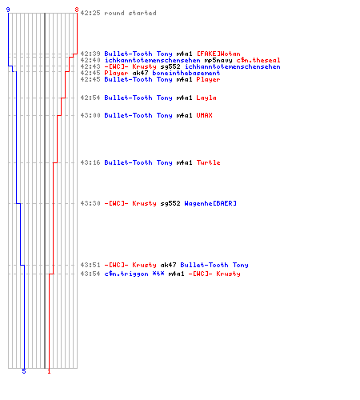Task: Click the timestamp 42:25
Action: [90, 13]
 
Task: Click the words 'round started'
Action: [130, 13]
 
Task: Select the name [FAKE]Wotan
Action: [218, 54]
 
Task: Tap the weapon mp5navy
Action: [218, 60]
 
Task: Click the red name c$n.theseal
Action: [258, 60]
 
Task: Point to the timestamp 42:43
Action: [90, 66]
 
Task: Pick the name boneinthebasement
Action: [186, 73]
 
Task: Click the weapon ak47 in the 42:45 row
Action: [140, 73]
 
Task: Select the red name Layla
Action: [206, 98]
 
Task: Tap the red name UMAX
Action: [204, 115]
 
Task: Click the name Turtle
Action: [208, 162]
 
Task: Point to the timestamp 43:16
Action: [90, 162]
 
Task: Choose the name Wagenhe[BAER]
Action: [210, 203]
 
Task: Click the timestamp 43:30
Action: [90, 203]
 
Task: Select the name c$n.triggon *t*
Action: [134, 274]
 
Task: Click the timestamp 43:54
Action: [90, 274]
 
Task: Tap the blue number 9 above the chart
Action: [8, 10]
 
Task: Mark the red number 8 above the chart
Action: [77, 10]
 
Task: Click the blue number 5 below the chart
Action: [24, 371]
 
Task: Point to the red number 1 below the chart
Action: [49, 371]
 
